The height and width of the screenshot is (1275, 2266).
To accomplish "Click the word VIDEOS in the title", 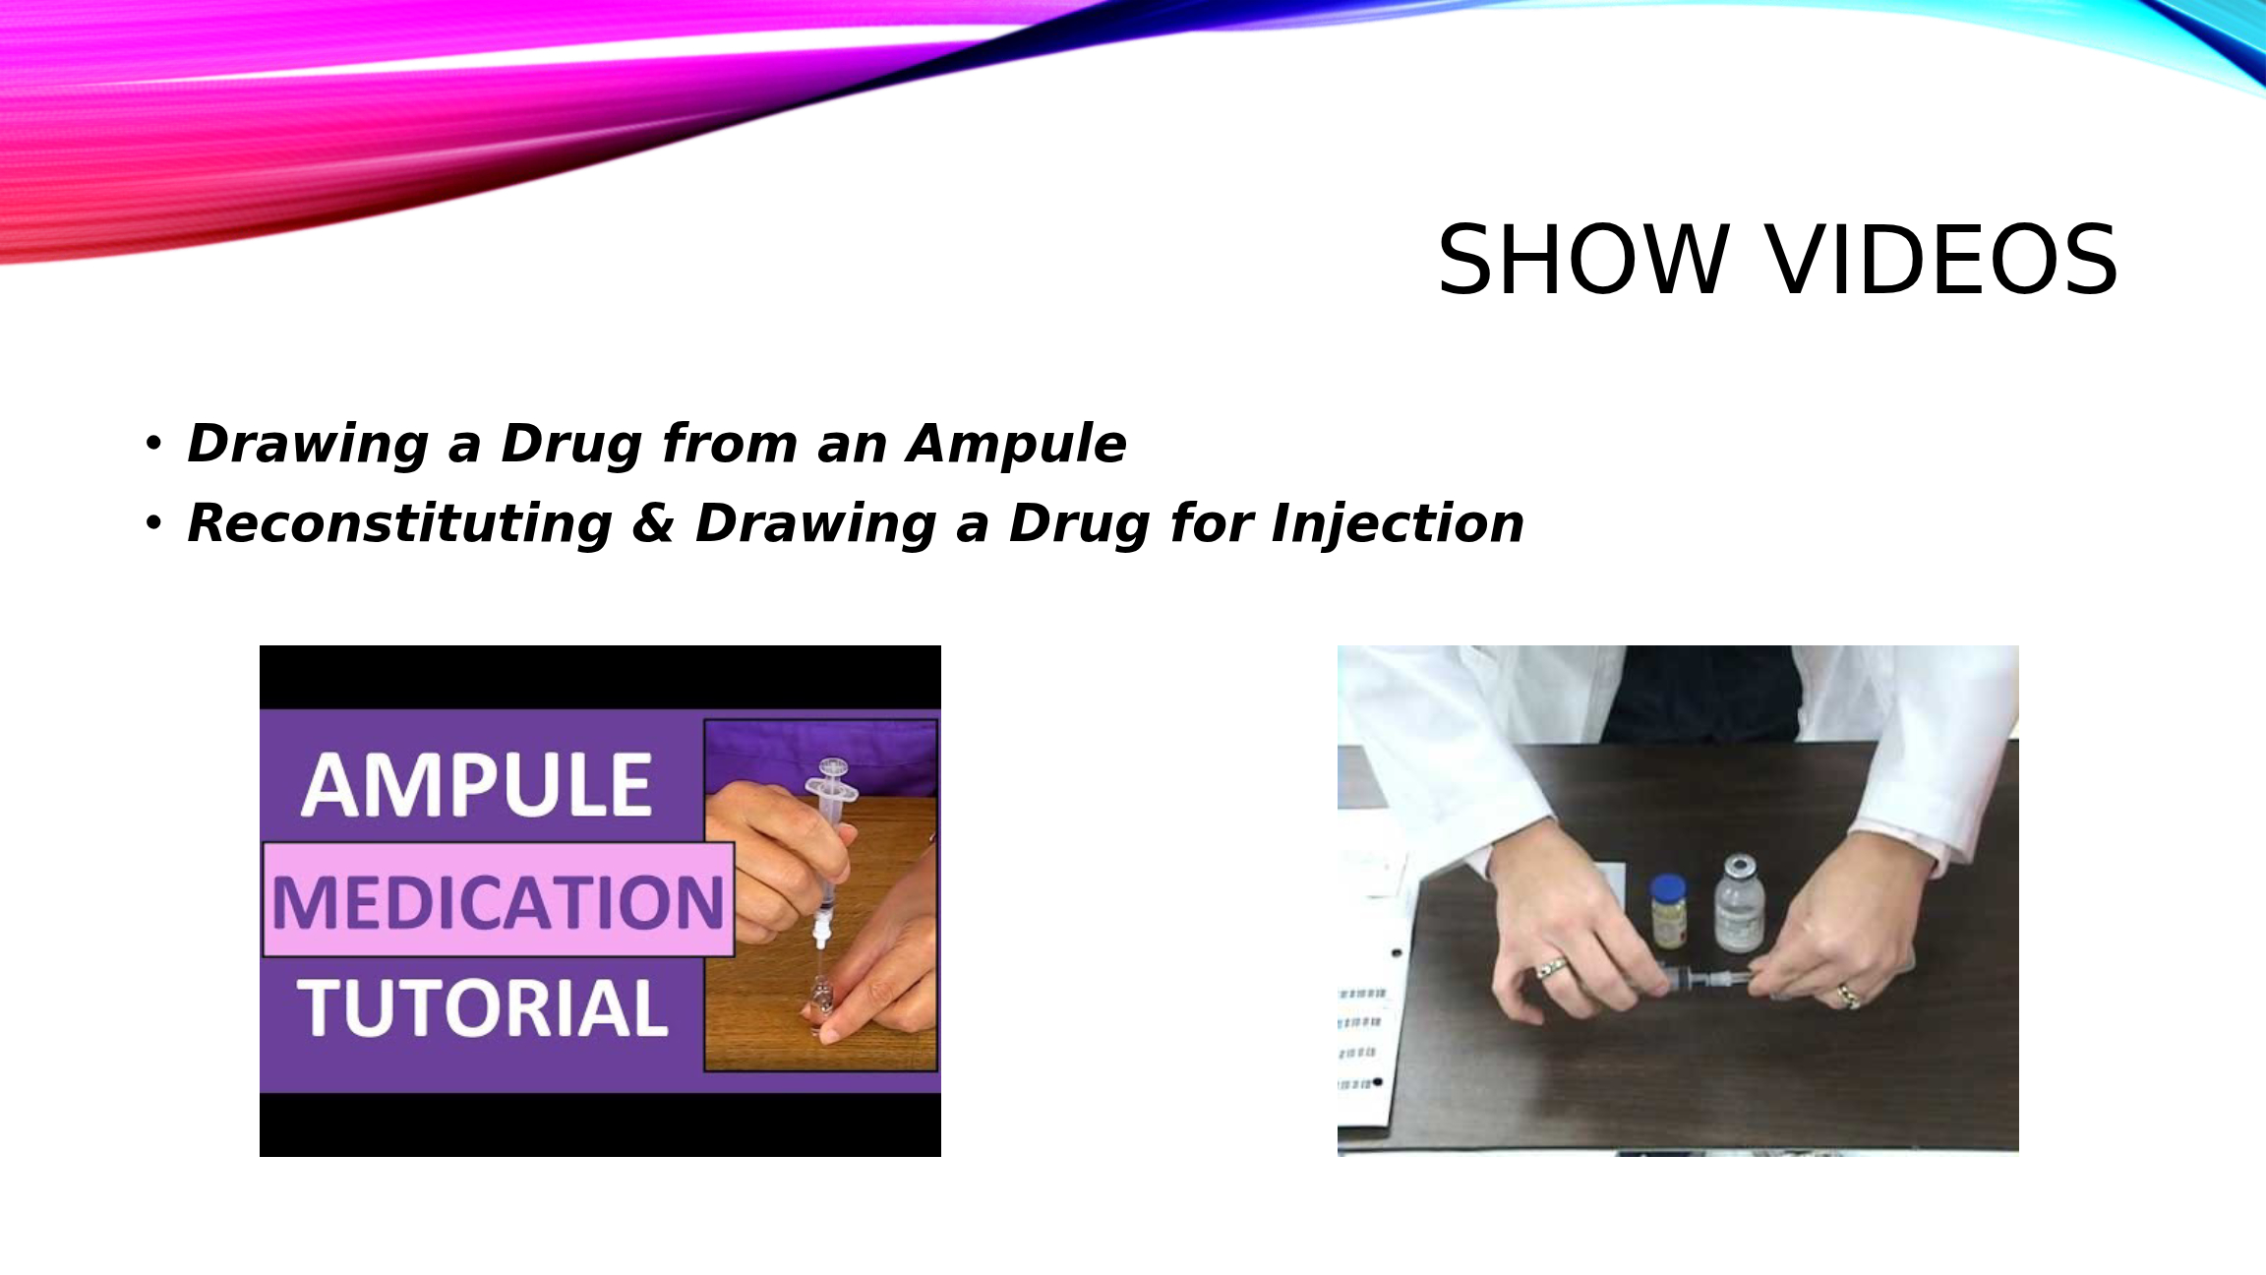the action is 1942,260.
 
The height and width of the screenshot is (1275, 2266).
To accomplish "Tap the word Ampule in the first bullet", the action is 1016,445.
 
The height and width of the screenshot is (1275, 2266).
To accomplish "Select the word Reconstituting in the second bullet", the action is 399,524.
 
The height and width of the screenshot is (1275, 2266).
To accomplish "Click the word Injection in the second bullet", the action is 1398,524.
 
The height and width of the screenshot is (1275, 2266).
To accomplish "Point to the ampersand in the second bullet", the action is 653,522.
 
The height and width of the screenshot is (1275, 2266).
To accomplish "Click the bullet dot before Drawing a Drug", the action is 152,444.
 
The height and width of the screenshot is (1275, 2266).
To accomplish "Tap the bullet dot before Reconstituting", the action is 152,523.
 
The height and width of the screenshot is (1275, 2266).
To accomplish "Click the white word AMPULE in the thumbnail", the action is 477,786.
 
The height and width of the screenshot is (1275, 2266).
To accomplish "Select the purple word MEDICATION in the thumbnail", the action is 499,902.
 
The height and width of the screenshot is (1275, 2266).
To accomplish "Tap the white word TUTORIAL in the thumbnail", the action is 483,1007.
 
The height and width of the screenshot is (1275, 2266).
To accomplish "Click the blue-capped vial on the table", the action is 1668,911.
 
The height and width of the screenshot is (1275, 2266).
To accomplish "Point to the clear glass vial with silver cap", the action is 1739,903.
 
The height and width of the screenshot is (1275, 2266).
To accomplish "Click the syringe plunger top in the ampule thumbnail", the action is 832,766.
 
